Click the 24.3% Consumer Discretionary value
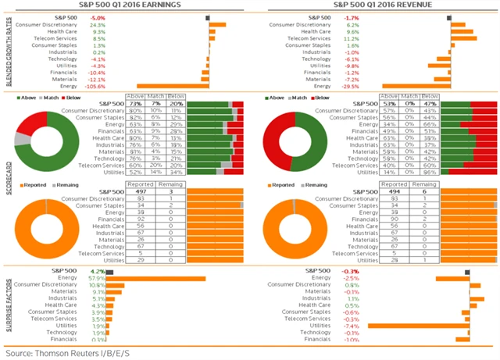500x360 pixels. (98, 24)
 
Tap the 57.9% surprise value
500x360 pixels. (98, 277)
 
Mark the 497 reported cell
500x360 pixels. (141, 189)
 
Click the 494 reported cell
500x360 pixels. (395, 189)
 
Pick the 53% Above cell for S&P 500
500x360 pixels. (389, 102)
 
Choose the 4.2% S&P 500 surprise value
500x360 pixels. (98, 270)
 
